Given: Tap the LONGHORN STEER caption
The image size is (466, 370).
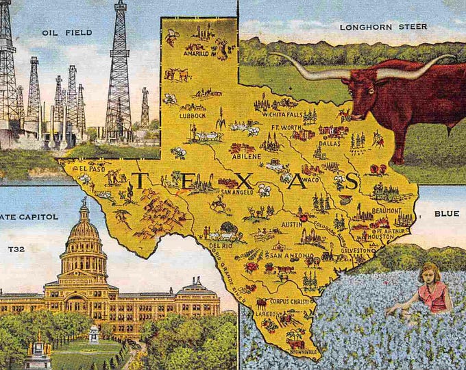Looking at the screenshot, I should [383, 27].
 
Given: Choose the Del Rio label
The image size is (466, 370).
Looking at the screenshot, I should [221, 244].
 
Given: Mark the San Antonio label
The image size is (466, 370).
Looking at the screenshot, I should [284, 255].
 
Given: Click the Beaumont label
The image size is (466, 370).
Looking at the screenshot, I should [387, 210].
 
